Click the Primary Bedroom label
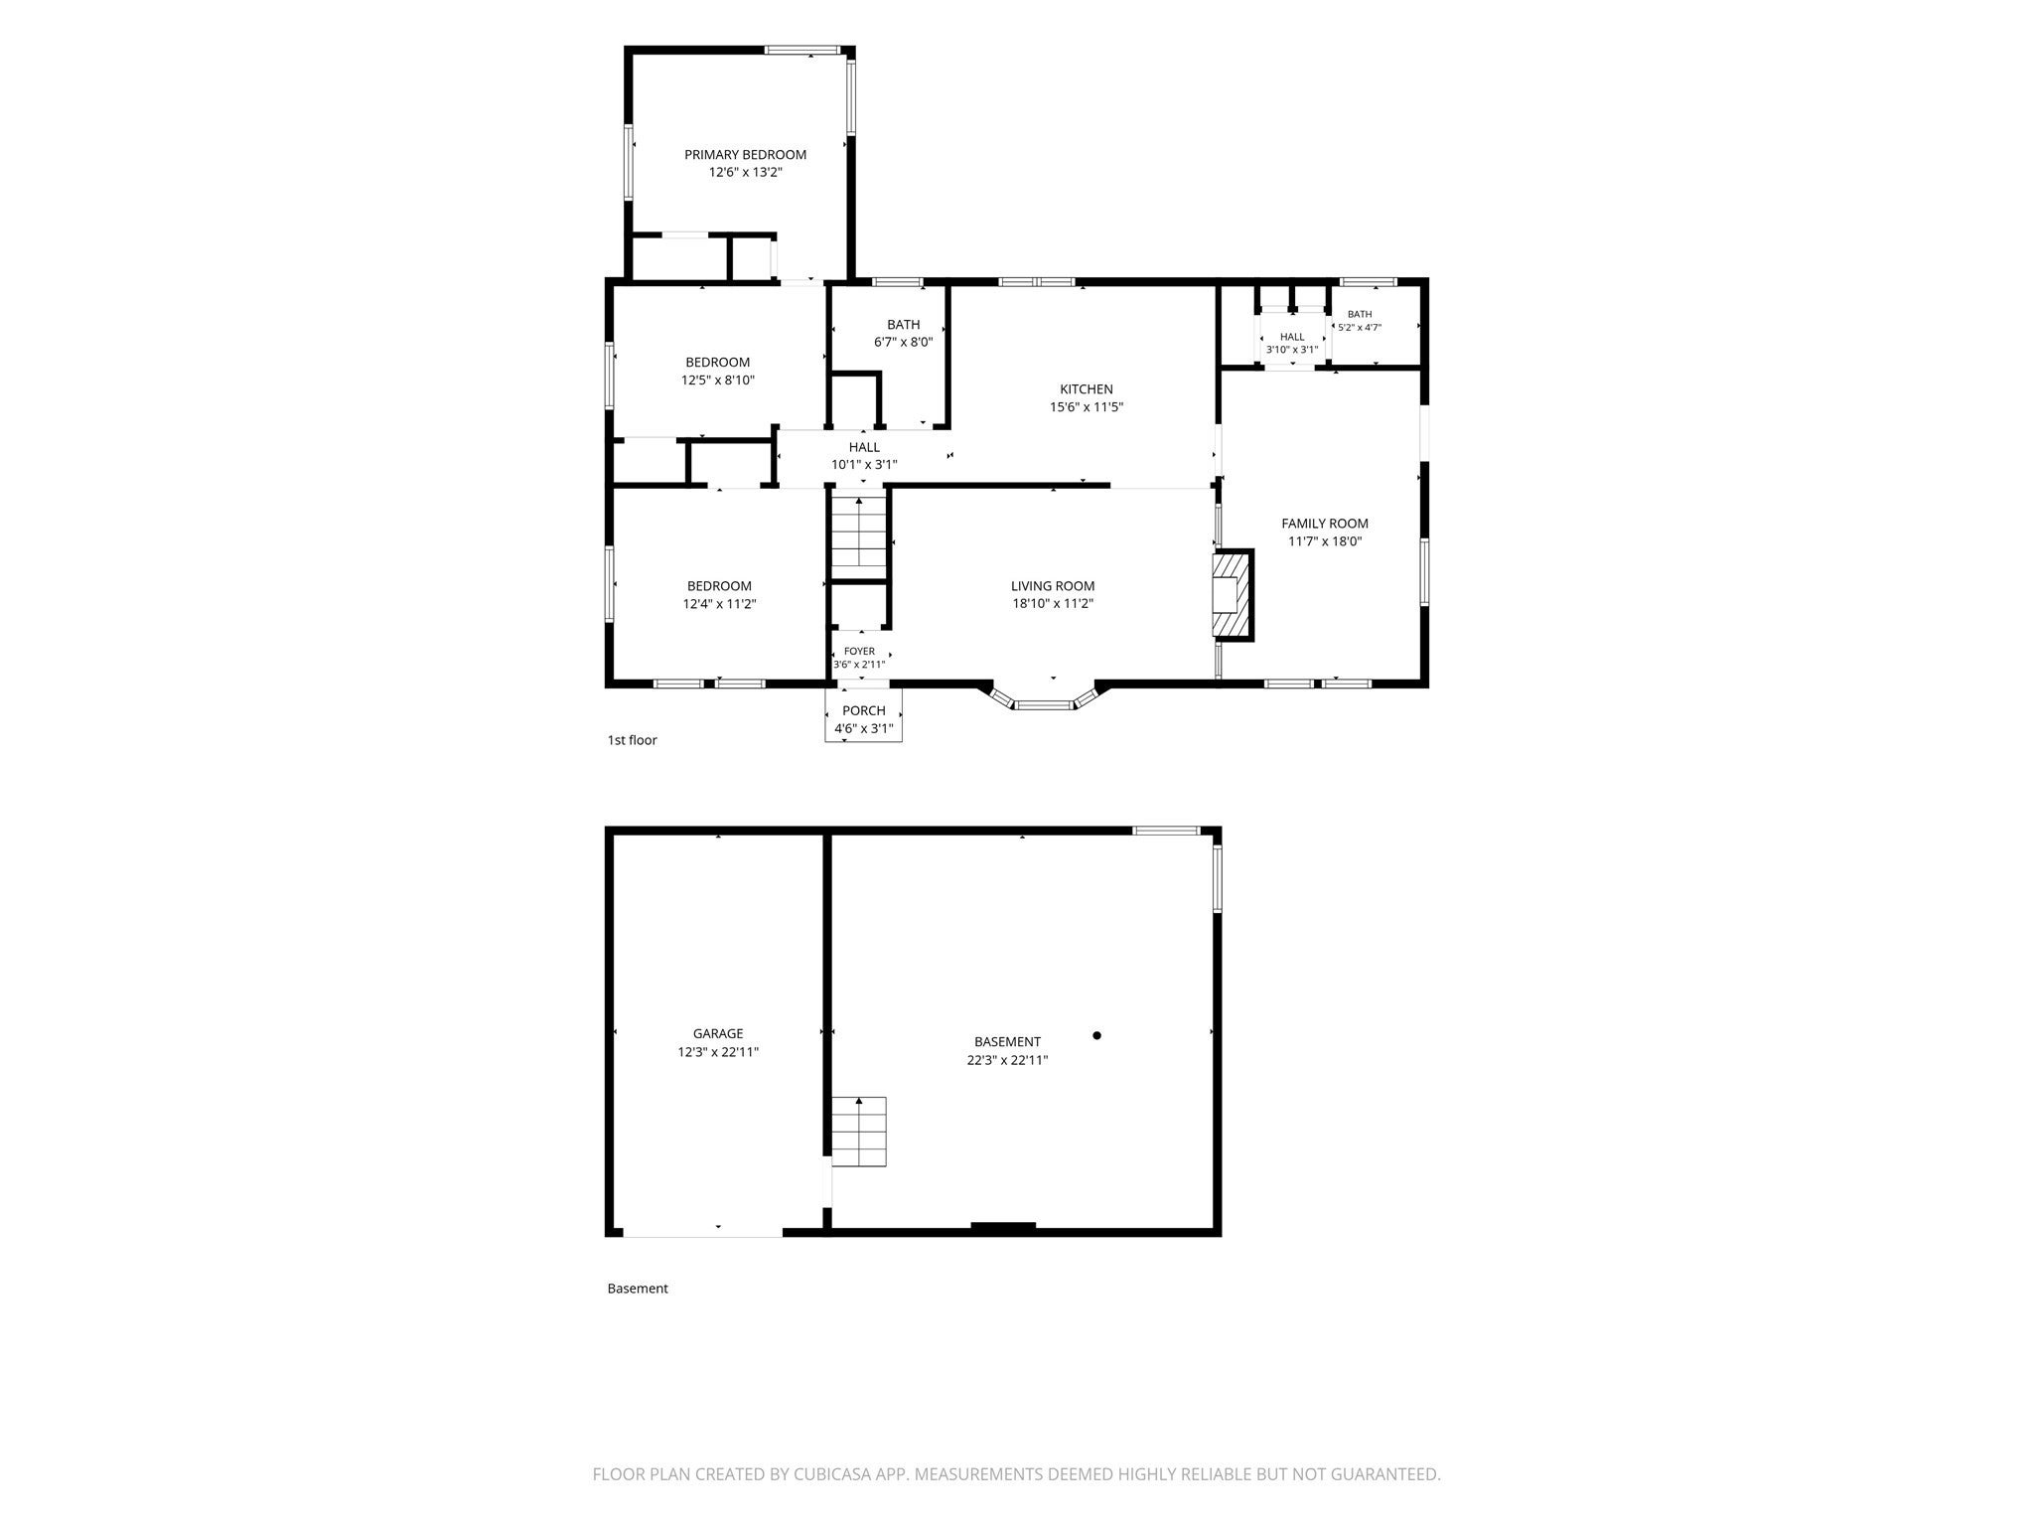[745, 155]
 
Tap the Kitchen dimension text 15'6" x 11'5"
[1087, 406]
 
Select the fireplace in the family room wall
[1233, 594]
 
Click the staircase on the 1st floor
[858, 535]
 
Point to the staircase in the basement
[858, 1132]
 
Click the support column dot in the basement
[1097, 1035]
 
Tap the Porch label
[864, 710]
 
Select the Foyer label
[860, 652]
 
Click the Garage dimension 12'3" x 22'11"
[718, 1051]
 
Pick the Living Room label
[1053, 586]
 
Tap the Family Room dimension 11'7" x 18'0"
[1325, 541]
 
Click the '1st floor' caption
[633, 740]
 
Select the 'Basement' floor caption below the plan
[638, 1289]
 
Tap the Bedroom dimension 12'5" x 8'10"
[718, 380]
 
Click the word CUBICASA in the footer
[832, 1474]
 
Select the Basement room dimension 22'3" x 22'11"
[1008, 1060]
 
